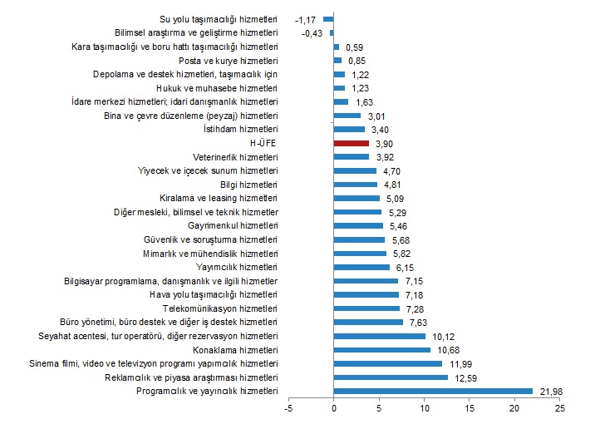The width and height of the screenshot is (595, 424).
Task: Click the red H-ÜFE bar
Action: pyautogui.click(x=351, y=143)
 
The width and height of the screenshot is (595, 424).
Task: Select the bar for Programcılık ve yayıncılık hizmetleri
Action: pyautogui.click(x=433, y=391)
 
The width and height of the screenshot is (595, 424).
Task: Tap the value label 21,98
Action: pyautogui.click(x=553, y=391)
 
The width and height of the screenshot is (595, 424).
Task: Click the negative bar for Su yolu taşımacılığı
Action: pyautogui.click(x=328, y=18)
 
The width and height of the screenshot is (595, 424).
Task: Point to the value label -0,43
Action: pyautogui.click(x=313, y=32)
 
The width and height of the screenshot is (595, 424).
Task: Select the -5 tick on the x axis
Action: pyautogui.click(x=288, y=408)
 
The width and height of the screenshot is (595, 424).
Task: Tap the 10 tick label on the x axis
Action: pyautogui.click(x=424, y=408)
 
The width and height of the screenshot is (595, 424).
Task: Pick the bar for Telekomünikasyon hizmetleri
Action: pyautogui.click(x=366, y=308)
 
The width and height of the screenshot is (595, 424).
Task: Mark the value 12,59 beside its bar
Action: pyautogui.click(x=467, y=377)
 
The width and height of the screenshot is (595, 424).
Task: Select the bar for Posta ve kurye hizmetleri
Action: pyautogui.click(x=337, y=60)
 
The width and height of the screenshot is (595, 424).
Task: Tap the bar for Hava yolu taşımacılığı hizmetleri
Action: pyautogui.click(x=366, y=294)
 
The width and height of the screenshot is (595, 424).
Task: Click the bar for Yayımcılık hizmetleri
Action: pyautogui.click(x=361, y=267)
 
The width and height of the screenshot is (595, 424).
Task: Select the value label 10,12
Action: pyautogui.click(x=445, y=336)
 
